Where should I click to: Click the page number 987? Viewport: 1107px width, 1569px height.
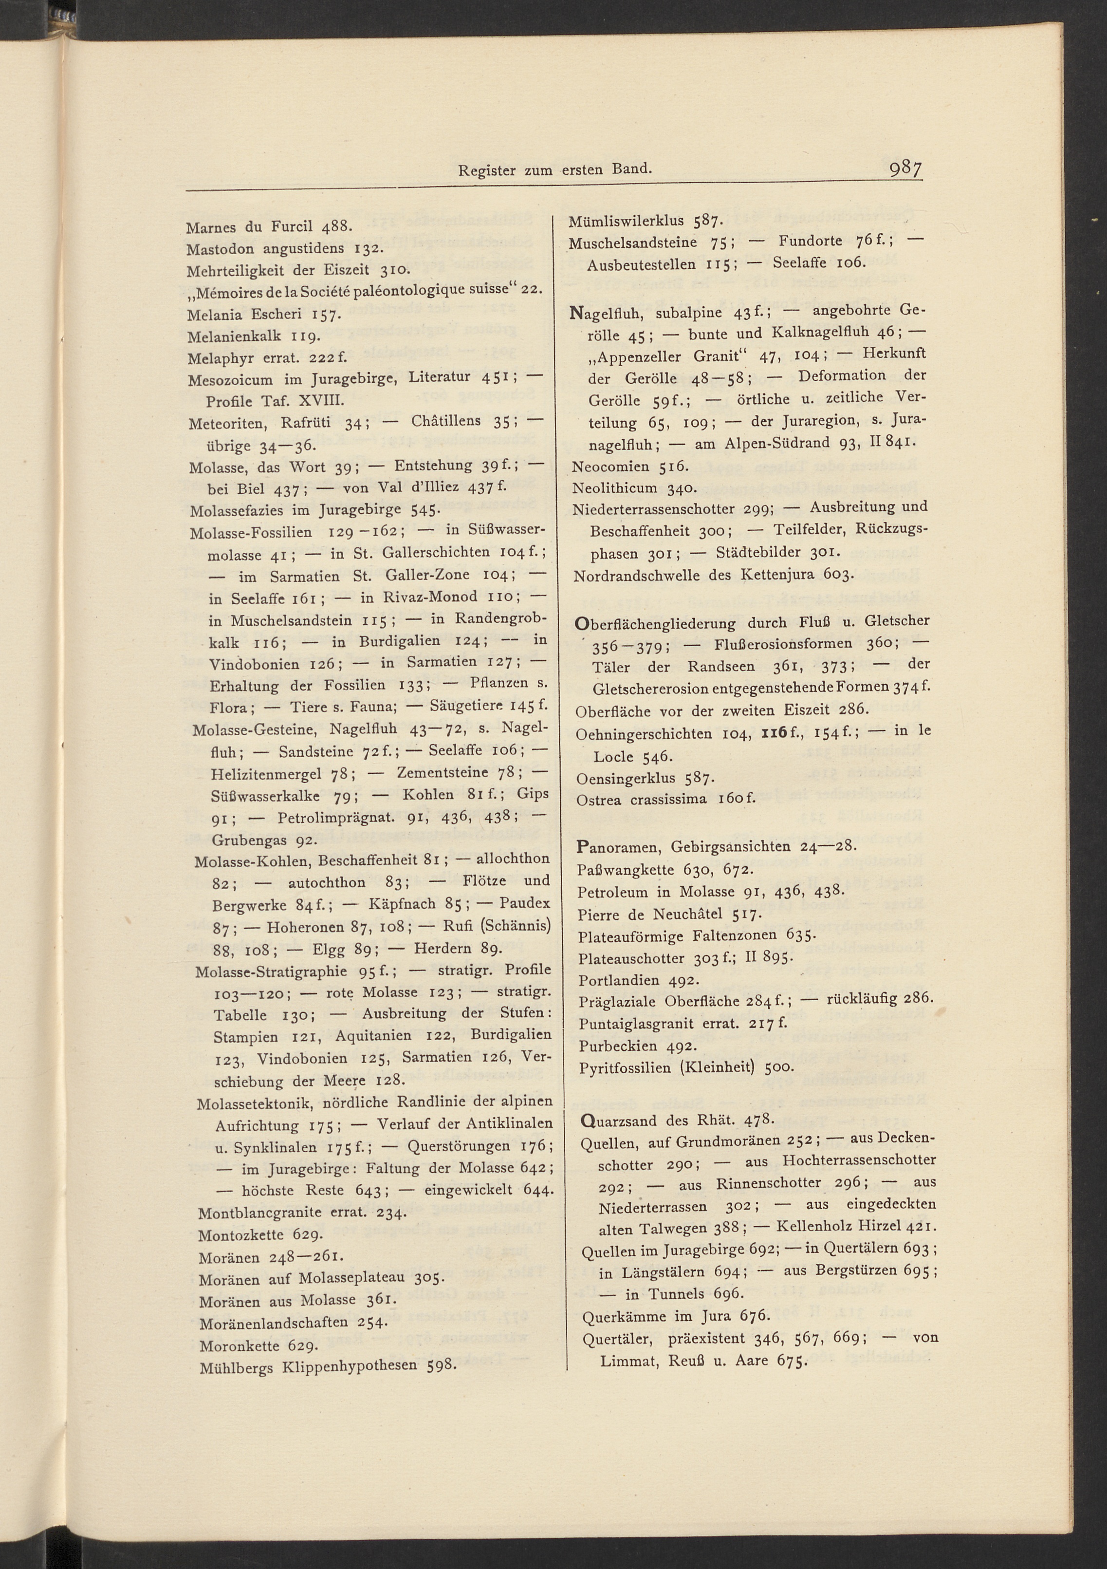click(905, 168)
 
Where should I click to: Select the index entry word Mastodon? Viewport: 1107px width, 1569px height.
click(221, 249)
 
